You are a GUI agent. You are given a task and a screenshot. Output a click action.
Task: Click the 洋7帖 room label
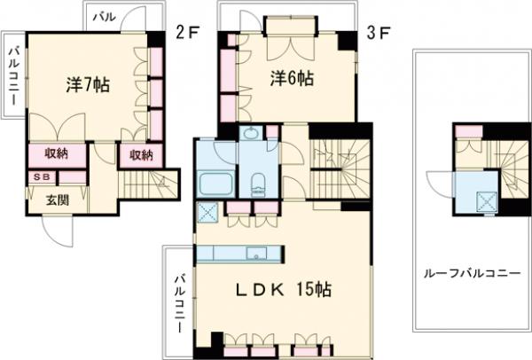click(x=87, y=86)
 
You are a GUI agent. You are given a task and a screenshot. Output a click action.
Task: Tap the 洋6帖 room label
click(x=292, y=79)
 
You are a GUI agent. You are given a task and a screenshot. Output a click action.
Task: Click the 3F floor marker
click(x=378, y=35)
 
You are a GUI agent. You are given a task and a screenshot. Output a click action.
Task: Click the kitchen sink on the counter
click(x=257, y=254)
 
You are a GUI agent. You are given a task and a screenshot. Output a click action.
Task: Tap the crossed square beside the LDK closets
click(x=209, y=214)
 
